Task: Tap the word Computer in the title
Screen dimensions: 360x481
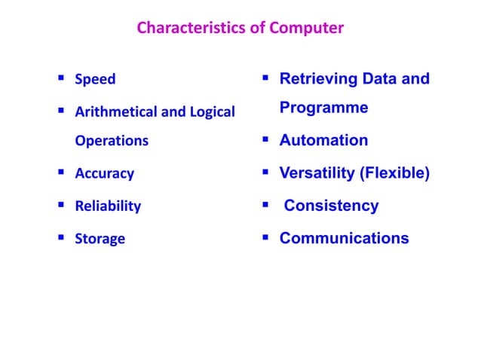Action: (x=306, y=29)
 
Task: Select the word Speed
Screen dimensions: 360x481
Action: (x=95, y=79)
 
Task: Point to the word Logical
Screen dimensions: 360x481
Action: (x=209, y=112)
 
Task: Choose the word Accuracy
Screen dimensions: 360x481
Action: (x=104, y=174)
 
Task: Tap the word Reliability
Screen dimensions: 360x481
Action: (x=108, y=206)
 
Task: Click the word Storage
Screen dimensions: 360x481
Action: (x=100, y=239)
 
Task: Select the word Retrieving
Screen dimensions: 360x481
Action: (x=317, y=78)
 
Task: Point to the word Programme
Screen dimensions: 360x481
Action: (x=323, y=108)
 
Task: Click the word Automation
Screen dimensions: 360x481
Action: (x=323, y=141)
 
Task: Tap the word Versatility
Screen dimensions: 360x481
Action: (x=317, y=173)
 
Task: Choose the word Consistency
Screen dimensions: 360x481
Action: (x=331, y=206)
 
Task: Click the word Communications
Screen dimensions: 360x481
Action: (x=344, y=239)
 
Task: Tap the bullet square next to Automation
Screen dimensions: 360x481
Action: (x=266, y=141)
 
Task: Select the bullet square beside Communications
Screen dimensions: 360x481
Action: (x=266, y=239)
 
